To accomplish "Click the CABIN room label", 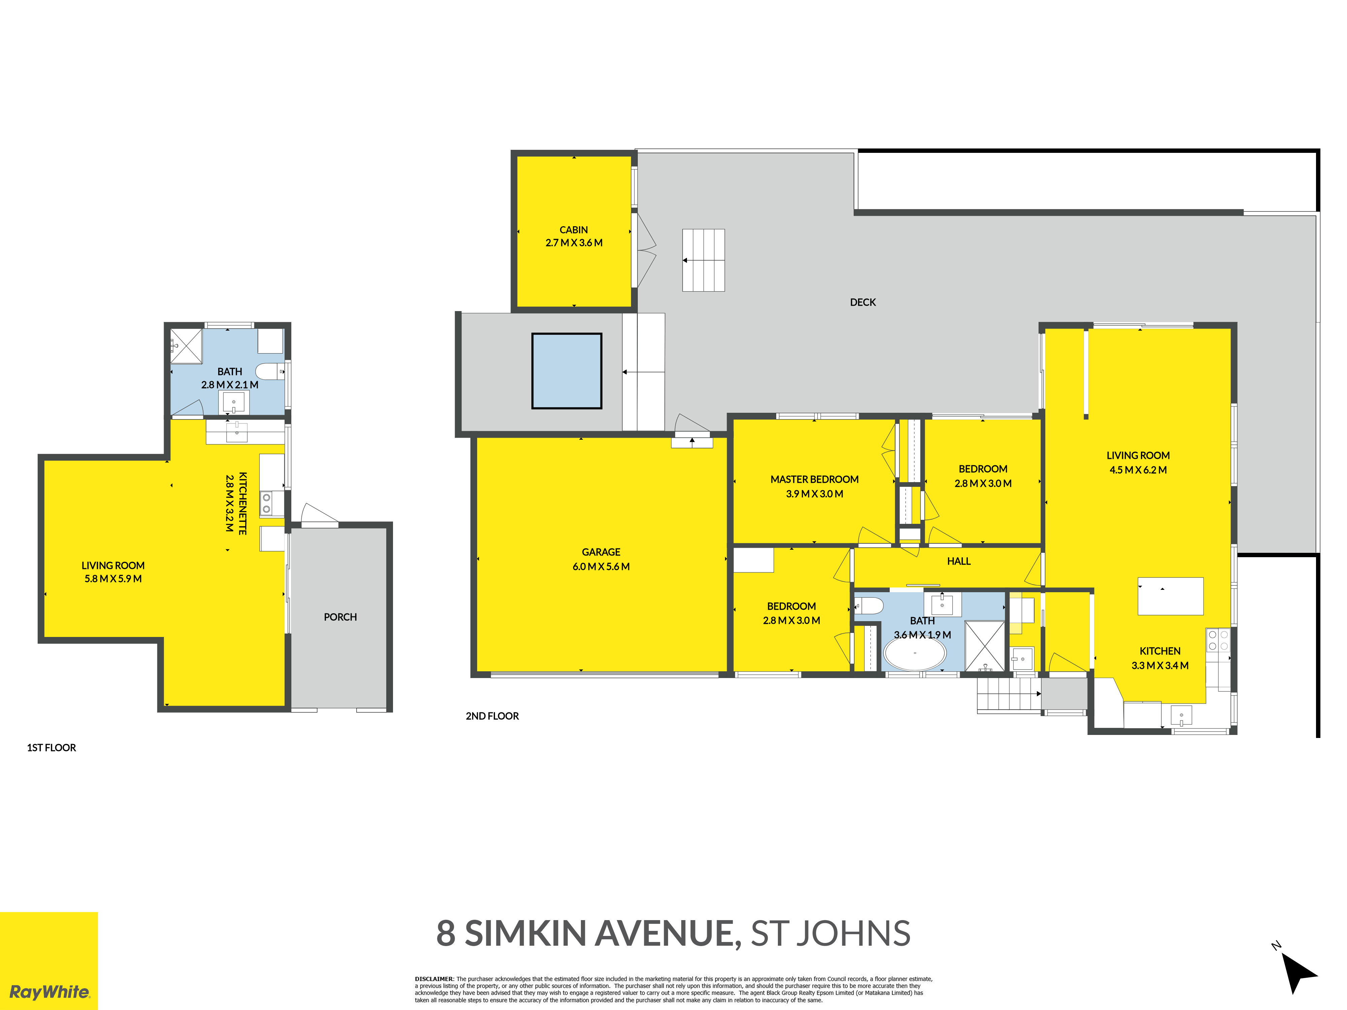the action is (x=573, y=230).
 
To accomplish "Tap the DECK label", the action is (x=863, y=303).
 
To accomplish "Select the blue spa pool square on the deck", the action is (x=567, y=371).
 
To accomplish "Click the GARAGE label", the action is (x=601, y=552).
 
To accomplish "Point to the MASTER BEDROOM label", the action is (x=814, y=480).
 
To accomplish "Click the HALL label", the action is (x=958, y=561).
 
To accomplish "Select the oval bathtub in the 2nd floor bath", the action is (x=915, y=654).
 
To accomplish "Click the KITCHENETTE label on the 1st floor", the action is (x=242, y=503).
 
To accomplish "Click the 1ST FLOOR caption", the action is (x=52, y=748).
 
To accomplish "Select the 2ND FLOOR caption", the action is (x=492, y=716).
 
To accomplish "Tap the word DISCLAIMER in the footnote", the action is (x=434, y=980).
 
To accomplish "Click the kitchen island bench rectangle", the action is (x=1171, y=596).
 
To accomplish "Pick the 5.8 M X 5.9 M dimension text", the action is (x=113, y=579).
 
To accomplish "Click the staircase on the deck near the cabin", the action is (x=703, y=260).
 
